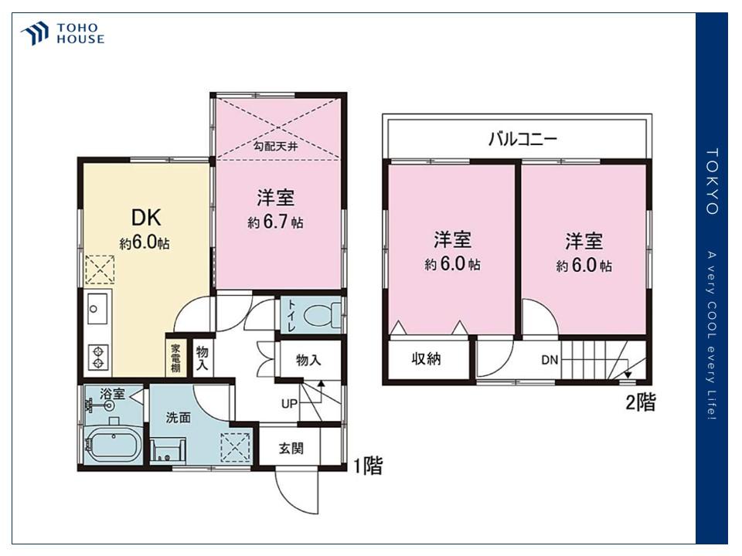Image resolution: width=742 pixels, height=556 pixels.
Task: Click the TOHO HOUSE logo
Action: pyautogui.click(x=62, y=33)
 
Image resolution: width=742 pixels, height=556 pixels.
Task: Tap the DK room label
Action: pyautogui.click(x=146, y=218)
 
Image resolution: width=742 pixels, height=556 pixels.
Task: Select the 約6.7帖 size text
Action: pyautogui.click(x=275, y=222)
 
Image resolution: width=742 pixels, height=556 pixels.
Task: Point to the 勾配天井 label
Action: pyautogui.click(x=275, y=146)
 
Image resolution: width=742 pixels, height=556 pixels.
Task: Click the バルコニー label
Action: pyautogui.click(x=523, y=139)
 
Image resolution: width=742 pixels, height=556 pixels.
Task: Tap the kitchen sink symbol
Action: pyautogui.click(x=98, y=308)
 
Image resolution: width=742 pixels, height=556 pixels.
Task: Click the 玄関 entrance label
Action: pyautogui.click(x=291, y=448)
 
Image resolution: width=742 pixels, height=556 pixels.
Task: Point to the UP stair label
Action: pyautogui.click(x=289, y=404)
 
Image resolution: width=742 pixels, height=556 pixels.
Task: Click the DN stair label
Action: pyautogui.click(x=550, y=361)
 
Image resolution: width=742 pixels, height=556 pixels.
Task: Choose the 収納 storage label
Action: pyautogui.click(x=427, y=359)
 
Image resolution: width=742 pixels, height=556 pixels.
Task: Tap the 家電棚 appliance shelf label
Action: pyautogui.click(x=175, y=358)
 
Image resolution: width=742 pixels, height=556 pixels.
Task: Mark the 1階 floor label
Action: pyautogui.click(x=368, y=466)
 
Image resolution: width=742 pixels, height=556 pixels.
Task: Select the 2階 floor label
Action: pyautogui.click(x=641, y=402)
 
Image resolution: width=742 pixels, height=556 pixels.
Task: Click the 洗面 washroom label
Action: pyautogui.click(x=179, y=418)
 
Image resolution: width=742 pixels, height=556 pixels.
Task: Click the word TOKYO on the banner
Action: pyautogui.click(x=712, y=182)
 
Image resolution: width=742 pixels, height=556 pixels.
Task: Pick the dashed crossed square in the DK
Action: pyautogui.click(x=100, y=270)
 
